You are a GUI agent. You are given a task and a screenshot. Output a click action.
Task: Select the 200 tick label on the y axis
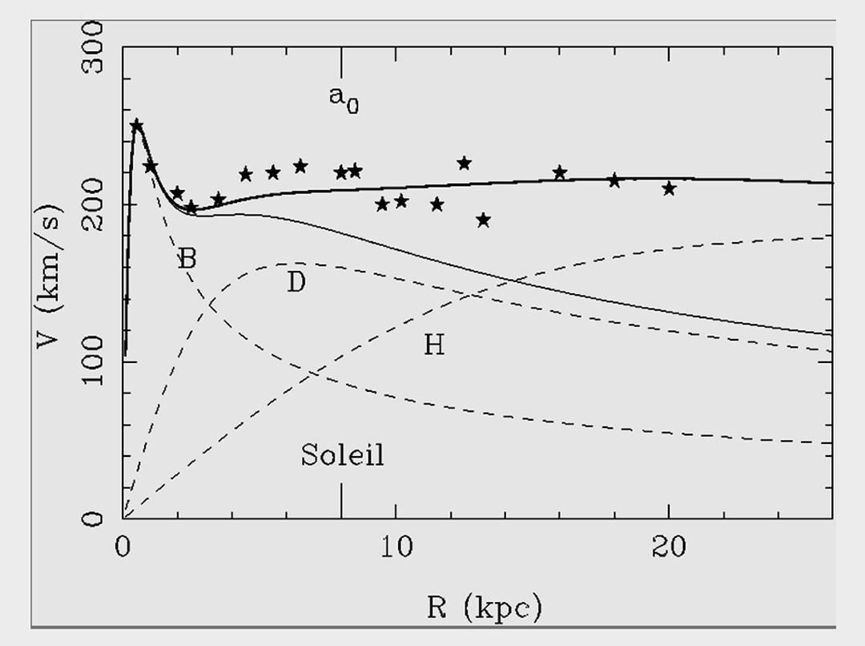(95, 205)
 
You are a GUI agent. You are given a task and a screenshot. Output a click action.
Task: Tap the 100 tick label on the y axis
(95, 362)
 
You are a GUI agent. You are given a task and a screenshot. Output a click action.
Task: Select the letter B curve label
(186, 258)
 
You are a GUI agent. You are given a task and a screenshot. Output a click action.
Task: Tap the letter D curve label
(296, 282)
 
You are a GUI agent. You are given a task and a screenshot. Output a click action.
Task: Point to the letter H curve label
(433, 345)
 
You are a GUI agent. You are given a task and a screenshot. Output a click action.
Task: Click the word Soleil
(342, 455)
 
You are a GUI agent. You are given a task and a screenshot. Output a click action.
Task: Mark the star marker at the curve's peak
(137, 125)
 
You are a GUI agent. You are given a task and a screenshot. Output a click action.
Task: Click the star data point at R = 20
(669, 188)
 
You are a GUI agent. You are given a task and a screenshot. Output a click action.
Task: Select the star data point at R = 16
(560, 172)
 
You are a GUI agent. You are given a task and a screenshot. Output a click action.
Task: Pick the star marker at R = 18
(614, 180)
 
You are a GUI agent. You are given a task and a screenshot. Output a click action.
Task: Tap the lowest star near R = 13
(483, 220)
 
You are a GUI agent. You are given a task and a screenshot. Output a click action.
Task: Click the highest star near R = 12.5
(464, 164)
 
